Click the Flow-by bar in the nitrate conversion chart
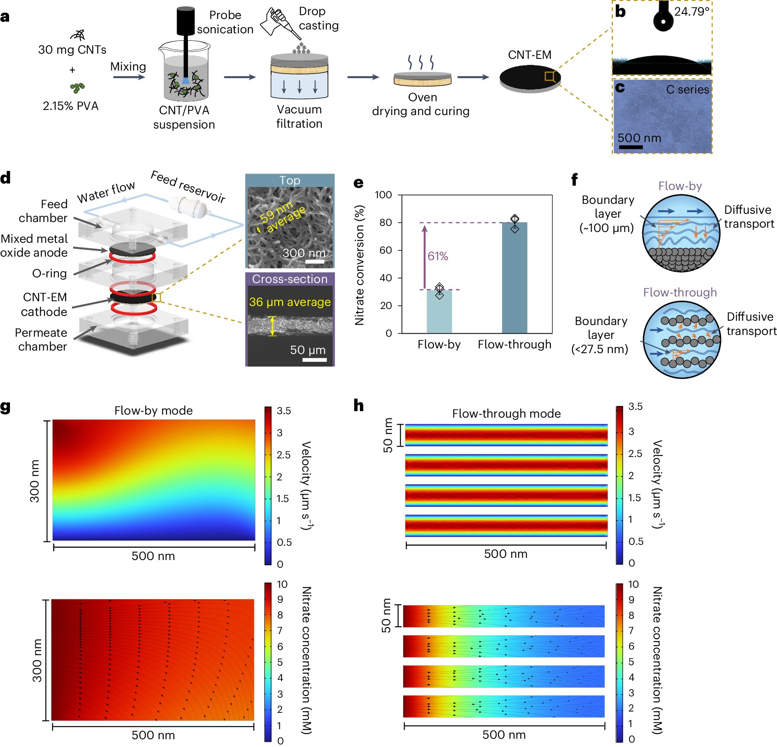[439, 312]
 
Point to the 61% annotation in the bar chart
[437, 256]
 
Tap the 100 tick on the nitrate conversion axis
[383, 195]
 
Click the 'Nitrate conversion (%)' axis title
[359, 265]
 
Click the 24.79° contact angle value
[692, 12]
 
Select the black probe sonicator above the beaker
[185, 21]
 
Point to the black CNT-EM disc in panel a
[530, 77]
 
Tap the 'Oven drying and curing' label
[421, 104]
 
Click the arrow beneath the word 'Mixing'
[129, 77]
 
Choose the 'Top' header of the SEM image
[290, 180]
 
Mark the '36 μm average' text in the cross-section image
[290, 302]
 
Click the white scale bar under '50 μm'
[314, 360]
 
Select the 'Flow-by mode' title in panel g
[153, 410]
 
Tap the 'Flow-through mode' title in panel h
[506, 413]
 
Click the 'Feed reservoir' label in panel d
[188, 187]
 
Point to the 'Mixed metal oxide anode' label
[34, 245]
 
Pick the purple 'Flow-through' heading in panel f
[680, 293]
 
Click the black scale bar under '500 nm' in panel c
[631, 147]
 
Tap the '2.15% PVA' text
[71, 106]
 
